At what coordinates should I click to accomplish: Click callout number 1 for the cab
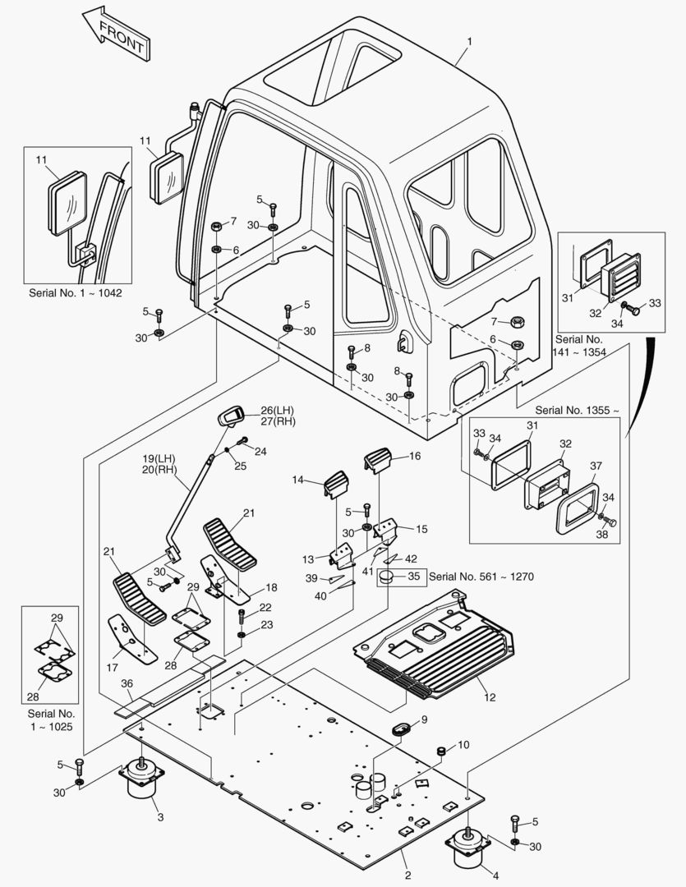coord(469,40)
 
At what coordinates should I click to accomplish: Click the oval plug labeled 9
coord(403,728)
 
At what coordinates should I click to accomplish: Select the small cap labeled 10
coord(440,751)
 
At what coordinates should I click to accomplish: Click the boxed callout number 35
coord(413,577)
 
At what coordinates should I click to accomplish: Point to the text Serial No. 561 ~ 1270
coord(481,577)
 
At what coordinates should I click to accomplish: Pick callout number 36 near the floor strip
coord(127,683)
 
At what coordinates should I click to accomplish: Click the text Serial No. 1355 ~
coord(578,409)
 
